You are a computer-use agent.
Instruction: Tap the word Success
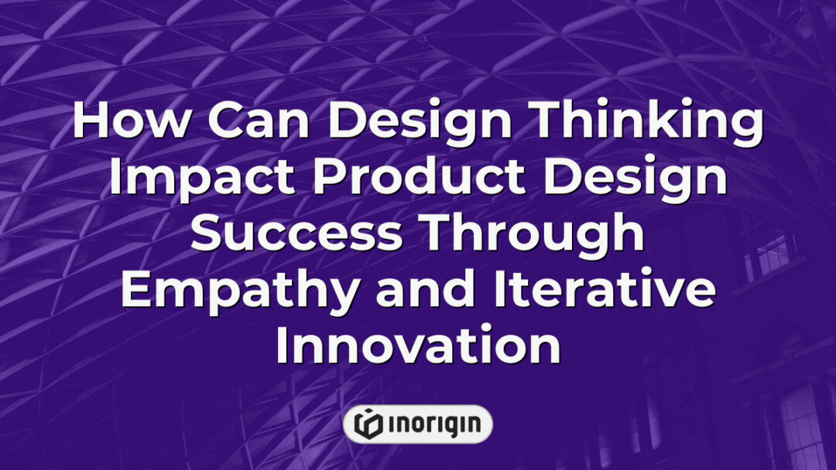(296, 235)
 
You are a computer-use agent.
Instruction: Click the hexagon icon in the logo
(368, 424)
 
